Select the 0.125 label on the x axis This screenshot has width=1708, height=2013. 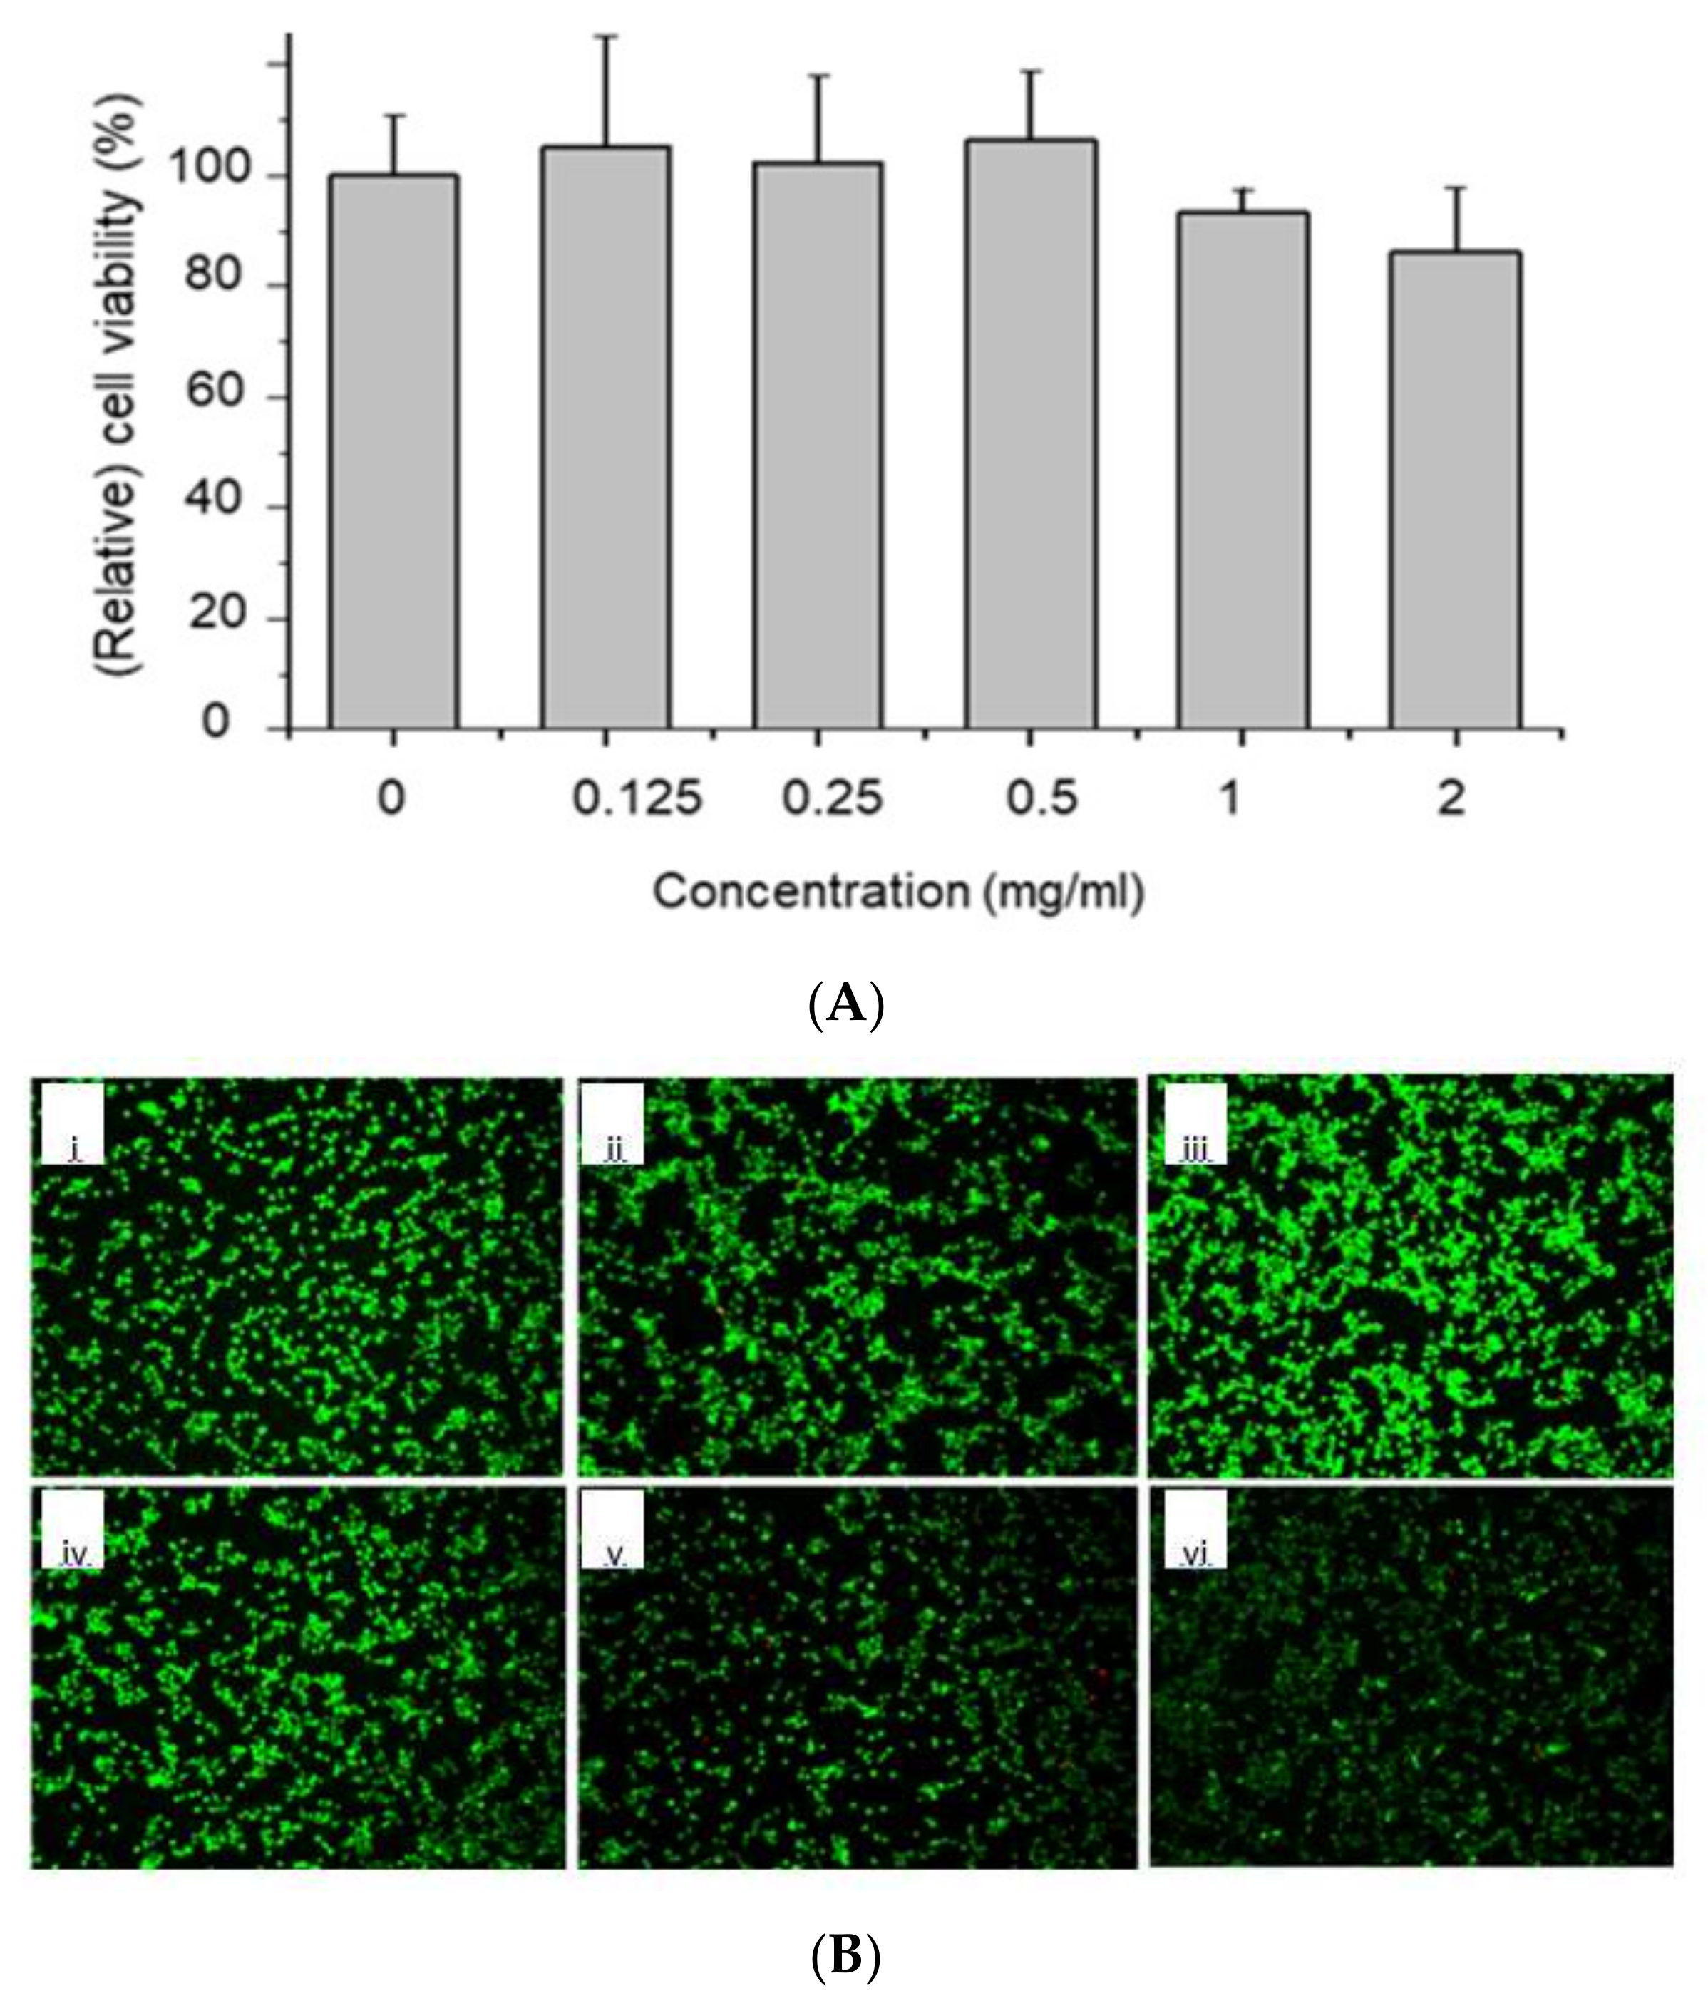(x=636, y=800)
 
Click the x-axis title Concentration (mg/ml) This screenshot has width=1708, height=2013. (x=898, y=891)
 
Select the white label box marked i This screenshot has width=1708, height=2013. (x=73, y=1124)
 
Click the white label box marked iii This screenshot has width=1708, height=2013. (x=1195, y=1124)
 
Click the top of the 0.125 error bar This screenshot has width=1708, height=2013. (x=605, y=36)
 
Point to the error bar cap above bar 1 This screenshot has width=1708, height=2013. (x=1243, y=190)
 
